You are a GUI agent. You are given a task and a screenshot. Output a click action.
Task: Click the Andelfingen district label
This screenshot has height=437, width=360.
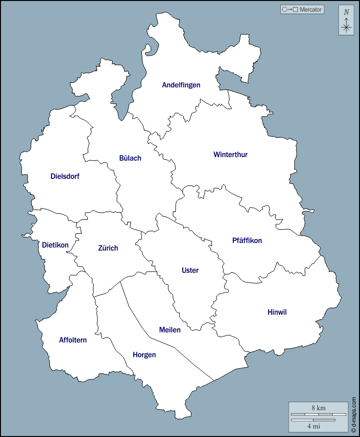[181, 85]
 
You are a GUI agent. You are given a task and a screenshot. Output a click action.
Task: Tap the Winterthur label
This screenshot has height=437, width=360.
[230, 155]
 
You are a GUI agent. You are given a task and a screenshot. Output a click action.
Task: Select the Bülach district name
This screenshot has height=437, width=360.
[130, 158]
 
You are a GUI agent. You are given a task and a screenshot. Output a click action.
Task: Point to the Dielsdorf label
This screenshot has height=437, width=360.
[65, 176]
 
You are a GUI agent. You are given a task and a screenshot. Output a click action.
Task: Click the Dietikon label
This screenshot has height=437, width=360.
[55, 245]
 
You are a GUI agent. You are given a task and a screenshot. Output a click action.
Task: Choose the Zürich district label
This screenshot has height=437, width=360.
[108, 248]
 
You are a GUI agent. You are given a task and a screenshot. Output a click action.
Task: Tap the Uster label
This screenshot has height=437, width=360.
[190, 270]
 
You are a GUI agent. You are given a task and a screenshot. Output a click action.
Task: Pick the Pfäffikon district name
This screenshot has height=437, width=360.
[247, 240]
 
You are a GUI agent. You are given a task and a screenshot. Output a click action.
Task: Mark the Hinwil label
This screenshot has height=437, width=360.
[277, 312]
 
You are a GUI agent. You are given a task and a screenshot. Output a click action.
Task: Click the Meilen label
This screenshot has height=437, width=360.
[170, 330]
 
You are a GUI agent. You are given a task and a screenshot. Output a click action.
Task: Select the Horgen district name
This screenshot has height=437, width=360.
[144, 355]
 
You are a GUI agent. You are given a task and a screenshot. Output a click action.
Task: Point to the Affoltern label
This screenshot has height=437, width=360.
[73, 340]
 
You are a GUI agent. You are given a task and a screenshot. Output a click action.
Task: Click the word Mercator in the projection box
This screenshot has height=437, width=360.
[311, 10]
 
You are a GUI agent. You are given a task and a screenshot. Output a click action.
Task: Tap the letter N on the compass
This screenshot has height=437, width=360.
[346, 12]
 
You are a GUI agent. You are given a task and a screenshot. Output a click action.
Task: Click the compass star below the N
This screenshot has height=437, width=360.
[346, 27]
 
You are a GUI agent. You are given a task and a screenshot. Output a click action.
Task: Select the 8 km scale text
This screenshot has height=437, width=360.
[318, 408]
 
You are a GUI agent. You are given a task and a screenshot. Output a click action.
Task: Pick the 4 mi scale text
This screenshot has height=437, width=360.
[313, 426]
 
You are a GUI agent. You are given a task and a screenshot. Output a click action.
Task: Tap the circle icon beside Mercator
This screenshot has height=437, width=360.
[285, 10]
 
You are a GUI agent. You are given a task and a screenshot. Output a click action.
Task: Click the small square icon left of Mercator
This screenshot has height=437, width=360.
[295, 10]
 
